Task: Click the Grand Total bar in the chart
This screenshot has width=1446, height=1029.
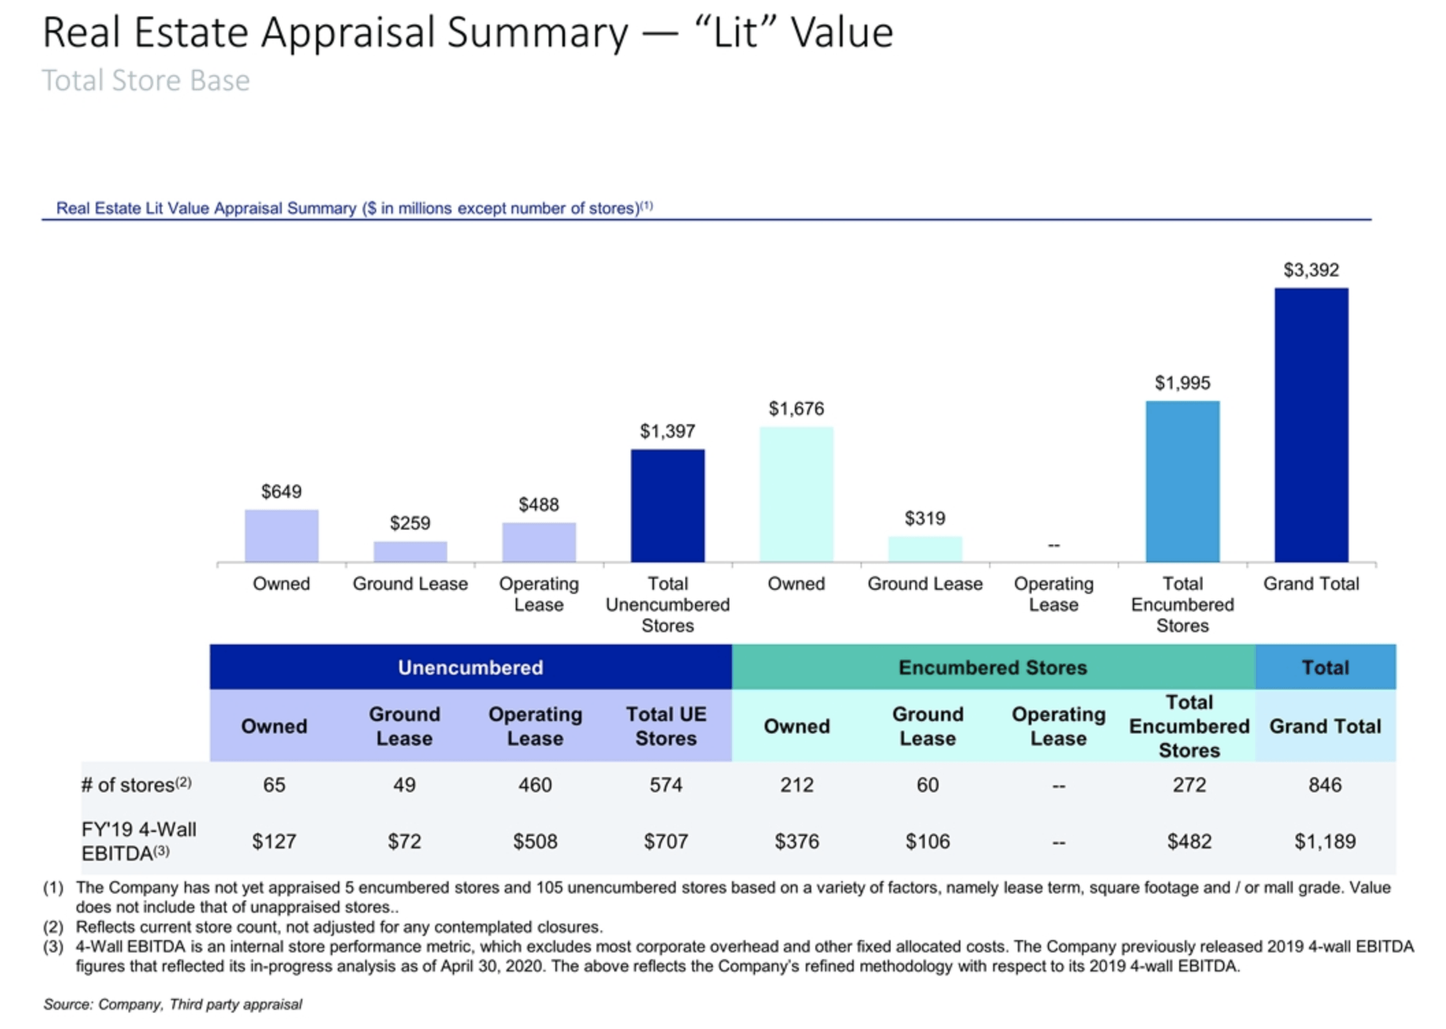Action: [1311, 425]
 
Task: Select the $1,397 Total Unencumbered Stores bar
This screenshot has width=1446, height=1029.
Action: [667, 506]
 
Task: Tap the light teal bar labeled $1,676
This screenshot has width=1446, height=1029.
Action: [796, 494]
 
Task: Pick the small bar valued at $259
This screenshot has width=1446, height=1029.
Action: [410, 551]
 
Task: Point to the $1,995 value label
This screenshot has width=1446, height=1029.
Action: [1182, 382]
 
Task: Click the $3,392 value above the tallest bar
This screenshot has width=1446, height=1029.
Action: [1311, 270]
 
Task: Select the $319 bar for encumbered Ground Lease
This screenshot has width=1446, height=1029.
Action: [925, 549]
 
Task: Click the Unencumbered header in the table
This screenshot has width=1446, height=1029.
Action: [470, 667]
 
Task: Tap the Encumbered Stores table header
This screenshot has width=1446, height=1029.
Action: [993, 667]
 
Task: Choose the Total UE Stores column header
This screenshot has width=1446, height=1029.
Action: [666, 726]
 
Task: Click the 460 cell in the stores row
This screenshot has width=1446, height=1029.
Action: [535, 785]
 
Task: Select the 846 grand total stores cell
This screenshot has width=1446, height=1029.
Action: [1325, 785]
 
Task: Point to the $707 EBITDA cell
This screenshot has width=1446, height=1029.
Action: [666, 841]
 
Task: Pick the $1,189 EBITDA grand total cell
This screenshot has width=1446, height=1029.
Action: [1325, 841]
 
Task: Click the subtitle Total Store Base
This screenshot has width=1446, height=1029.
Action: [146, 80]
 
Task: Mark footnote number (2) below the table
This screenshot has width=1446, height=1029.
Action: [53, 927]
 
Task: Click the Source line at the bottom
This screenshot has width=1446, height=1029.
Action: [172, 1004]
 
